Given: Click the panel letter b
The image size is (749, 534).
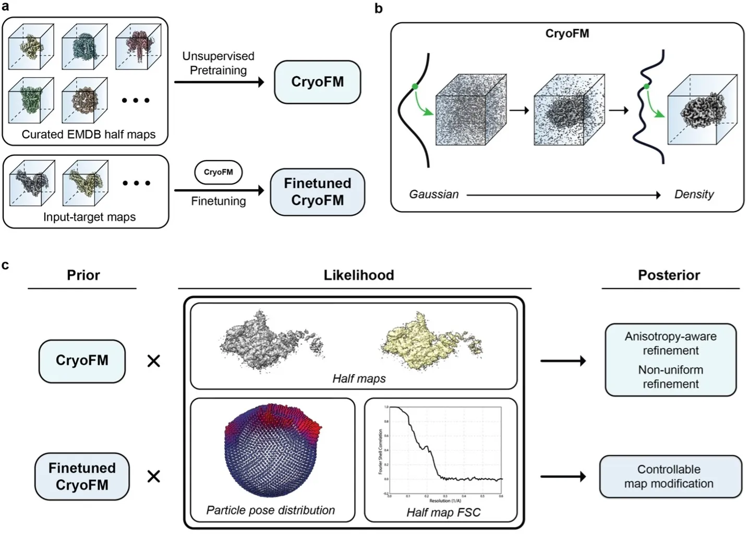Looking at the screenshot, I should click(379, 8).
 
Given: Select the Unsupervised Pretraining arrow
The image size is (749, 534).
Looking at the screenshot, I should click(219, 82).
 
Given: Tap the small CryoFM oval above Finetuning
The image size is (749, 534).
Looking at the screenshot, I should click(218, 172).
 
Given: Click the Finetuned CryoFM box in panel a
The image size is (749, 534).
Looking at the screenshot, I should click(317, 192).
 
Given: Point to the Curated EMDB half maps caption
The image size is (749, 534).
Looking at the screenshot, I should click(88, 134).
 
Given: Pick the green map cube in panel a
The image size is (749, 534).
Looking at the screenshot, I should click(31, 100).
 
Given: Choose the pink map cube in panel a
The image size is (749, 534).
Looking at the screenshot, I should click(138, 47).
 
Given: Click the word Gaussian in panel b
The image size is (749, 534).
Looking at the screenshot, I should click(433, 194).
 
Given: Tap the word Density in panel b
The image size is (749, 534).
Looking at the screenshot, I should click(694, 194).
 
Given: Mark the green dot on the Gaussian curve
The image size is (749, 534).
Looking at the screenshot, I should click(415, 86).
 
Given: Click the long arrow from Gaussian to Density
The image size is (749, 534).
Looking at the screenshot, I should click(563, 195).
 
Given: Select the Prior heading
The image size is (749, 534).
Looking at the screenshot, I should click(83, 275).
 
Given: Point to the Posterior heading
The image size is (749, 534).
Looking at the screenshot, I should click(669, 275).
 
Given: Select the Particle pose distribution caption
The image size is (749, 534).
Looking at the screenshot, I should click(270, 510).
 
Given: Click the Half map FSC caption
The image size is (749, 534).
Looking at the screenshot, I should click(443, 513).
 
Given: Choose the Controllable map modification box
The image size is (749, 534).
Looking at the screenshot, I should click(670, 476).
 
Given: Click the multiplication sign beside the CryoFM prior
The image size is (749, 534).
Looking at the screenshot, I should click(153, 361).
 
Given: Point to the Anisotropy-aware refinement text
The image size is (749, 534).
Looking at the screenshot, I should click(670, 343).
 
